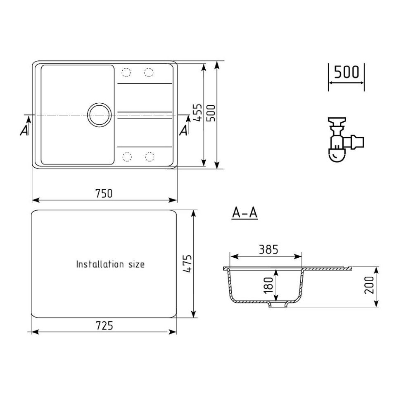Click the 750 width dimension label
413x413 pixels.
point(104,193)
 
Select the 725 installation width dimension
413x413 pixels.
point(104,326)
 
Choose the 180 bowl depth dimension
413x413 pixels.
point(268,285)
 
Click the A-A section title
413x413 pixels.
point(244,213)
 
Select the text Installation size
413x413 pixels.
point(110,264)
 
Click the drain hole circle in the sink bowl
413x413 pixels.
point(99,113)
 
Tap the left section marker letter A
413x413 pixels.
point(24,131)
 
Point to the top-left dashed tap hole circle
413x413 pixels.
point(126,73)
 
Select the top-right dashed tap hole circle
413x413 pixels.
point(149,73)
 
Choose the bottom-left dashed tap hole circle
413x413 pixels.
point(127,157)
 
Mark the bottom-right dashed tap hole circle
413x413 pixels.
point(149,157)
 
